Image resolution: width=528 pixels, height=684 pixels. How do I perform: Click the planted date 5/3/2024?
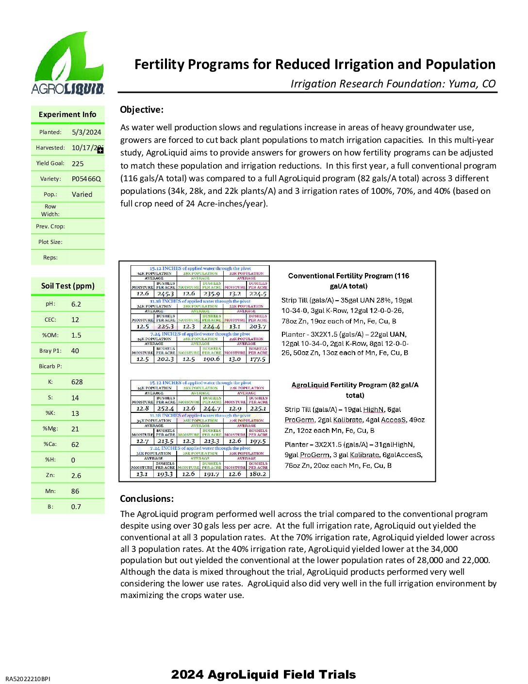(x=86, y=132)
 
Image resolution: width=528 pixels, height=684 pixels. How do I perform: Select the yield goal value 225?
(x=78, y=164)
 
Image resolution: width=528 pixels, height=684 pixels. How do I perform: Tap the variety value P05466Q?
(x=86, y=179)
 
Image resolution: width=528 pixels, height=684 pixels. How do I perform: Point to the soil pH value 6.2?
(x=76, y=304)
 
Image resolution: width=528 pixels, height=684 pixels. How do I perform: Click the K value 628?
(x=77, y=382)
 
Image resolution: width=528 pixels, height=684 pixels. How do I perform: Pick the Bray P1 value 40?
(x=75, y=351)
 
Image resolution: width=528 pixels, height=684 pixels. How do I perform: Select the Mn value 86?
(x=75, y=491)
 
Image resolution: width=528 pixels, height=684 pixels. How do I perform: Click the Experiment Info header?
(x=67, y=115)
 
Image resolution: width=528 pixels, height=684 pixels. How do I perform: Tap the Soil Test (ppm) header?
(x=67, y=286)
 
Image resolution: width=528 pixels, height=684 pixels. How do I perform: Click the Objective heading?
(x=142, y=110)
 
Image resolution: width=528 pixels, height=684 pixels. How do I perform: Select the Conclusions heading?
(x=147, y=499)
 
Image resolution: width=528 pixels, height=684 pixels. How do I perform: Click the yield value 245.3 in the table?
(x=165, y=294)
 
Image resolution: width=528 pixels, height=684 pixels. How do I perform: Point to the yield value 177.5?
(x=258, y=359)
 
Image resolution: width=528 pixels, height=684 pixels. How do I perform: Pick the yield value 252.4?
(x=165, y=409)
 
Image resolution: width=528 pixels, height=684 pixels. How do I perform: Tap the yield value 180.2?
(x=258, y=474)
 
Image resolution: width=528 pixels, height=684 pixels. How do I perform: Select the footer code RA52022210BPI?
(x=28, y=679)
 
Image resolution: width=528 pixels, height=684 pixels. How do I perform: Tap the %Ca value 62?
(x=75, y=445)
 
